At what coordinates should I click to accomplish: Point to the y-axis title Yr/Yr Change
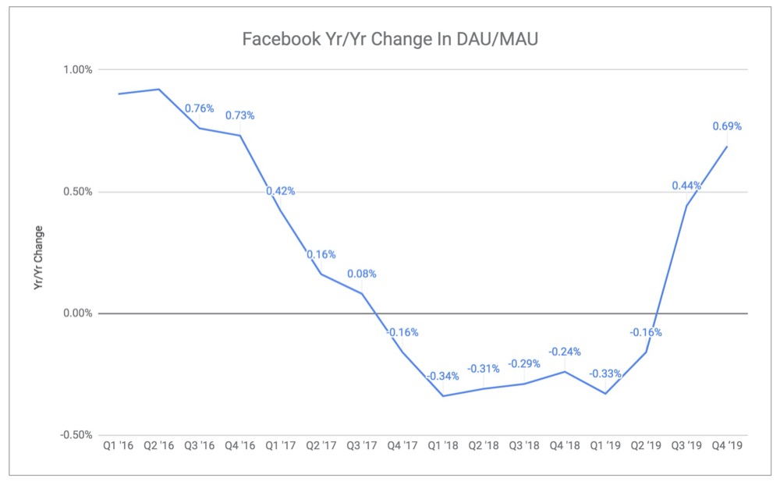38,259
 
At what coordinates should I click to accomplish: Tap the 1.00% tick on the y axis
77,69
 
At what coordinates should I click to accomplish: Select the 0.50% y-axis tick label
77,192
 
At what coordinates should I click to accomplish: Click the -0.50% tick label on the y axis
76,435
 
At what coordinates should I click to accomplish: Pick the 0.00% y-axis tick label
77,313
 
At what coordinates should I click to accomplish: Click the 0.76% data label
200,108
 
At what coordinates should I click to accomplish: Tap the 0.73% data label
240,115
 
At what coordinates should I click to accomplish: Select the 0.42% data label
281,191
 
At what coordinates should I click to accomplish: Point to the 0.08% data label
362,274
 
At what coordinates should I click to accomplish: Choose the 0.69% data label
727,126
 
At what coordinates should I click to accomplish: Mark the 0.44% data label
686,186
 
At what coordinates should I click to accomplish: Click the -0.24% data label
565,352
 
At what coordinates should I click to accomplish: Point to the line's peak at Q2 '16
159,89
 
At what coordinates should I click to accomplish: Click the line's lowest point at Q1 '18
443,396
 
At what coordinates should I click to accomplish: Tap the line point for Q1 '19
605,394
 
